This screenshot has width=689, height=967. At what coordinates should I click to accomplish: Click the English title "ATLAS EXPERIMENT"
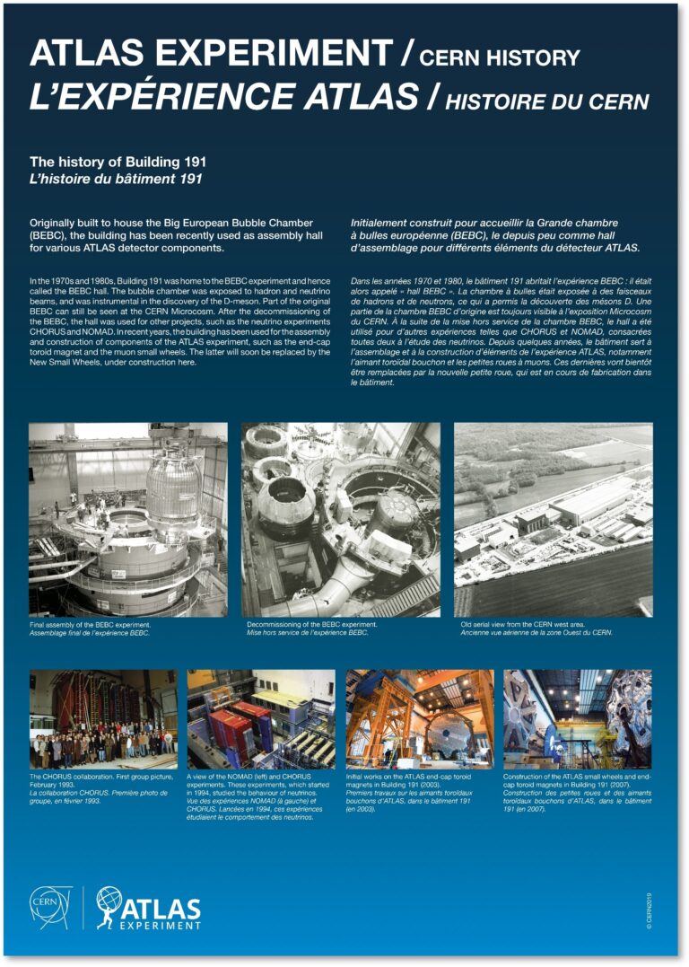point(211,55)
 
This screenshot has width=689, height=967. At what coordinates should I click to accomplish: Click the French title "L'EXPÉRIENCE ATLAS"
point(224,98)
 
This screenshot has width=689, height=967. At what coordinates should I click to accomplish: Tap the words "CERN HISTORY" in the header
point(500,59)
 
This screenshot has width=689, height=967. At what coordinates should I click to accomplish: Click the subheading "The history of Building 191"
point(118,162)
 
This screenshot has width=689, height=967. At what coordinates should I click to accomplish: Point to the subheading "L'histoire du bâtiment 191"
point(116,179)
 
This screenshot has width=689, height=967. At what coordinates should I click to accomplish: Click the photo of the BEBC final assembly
point(128,519)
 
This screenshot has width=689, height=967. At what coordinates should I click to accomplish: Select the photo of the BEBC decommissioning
point(341,519)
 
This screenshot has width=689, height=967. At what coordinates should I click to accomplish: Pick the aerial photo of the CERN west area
point(553,519)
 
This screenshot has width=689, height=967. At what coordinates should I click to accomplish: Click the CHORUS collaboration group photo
point(103,718)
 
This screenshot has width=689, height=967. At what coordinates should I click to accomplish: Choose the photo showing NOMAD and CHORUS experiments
point(261,718)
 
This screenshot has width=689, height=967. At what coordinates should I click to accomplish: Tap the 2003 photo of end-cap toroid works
point(420,718)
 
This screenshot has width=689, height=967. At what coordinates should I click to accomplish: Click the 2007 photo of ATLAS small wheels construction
point(578,718)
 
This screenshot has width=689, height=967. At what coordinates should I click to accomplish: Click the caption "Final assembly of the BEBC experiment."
point(90,624)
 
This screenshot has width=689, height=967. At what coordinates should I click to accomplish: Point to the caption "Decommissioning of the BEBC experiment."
point(311,624)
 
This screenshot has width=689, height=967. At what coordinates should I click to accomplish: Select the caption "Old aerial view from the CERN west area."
point(523,624)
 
